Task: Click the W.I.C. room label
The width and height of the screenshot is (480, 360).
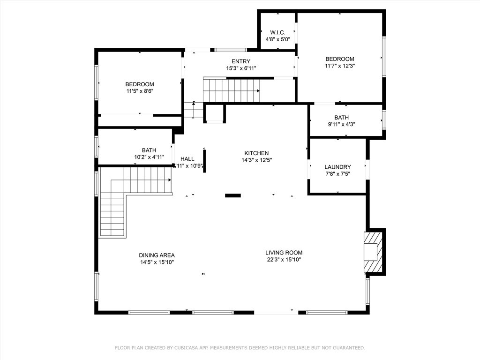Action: pos(277,32)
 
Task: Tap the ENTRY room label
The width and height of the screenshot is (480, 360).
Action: pos(241,61)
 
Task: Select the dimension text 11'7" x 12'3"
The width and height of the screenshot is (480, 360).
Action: pos(340,66)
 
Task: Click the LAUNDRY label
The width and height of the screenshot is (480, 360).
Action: pos(337,167)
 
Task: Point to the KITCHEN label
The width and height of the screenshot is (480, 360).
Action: pos(256,153)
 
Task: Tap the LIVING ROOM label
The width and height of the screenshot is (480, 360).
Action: pos(284,252)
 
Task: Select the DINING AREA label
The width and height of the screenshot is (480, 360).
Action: pos(157,255)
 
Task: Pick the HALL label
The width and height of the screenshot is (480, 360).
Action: pos(187,159)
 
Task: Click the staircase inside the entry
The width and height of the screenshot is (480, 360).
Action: pos(231,90)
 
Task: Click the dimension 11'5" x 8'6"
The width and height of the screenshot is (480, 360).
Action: pos(140,91)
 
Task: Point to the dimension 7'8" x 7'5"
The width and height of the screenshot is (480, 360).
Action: pos(337,174)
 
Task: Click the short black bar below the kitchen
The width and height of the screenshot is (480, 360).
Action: pos(233,195)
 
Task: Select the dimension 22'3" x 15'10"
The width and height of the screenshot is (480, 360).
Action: pos(284,259)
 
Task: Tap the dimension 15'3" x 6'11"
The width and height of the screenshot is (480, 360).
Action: pos(241,68)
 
